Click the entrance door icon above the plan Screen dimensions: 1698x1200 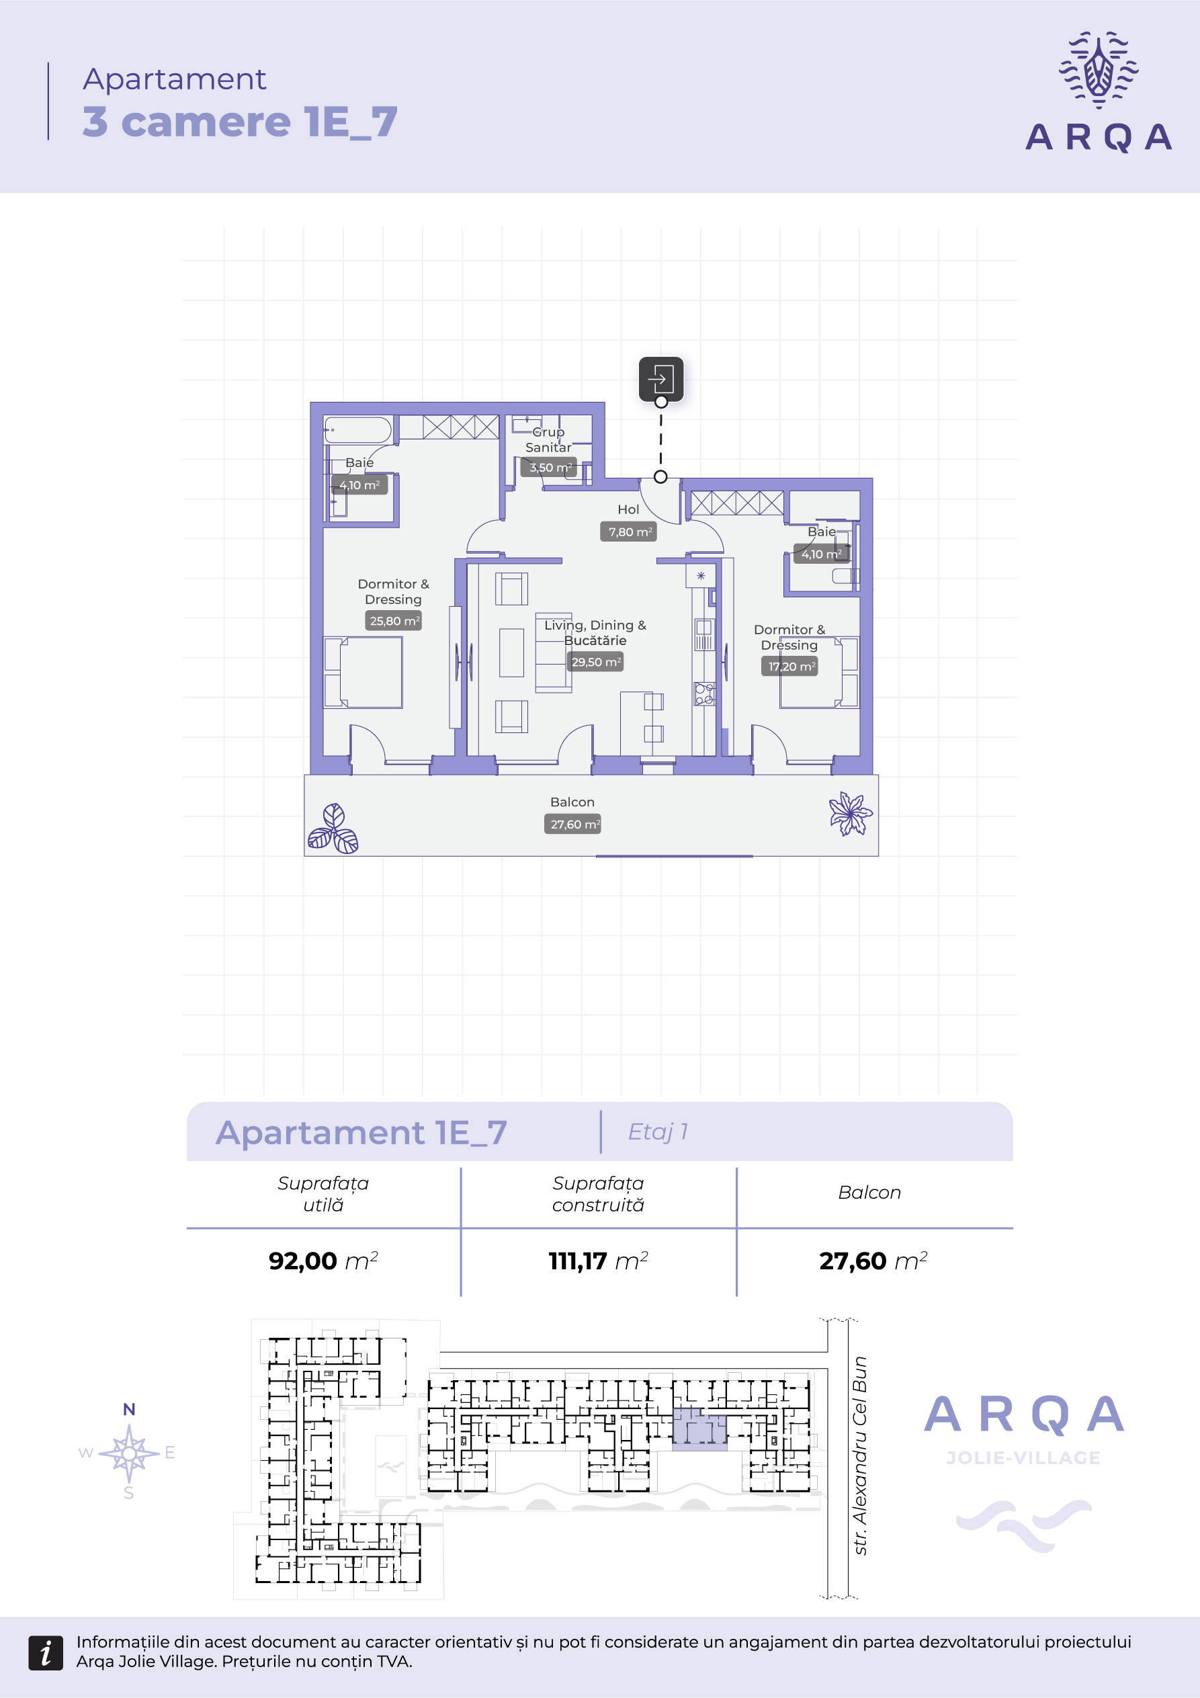660,379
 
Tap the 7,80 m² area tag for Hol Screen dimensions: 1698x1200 628,532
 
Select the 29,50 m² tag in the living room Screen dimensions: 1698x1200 595,662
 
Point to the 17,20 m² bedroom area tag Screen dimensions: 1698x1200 789,667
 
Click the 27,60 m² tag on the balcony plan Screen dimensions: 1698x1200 572,824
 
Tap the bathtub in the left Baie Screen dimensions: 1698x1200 358,429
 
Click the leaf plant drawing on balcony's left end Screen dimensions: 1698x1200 333,830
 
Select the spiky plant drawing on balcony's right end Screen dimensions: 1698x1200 849,814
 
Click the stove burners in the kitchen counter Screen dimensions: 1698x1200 704,693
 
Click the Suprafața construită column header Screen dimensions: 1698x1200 597,1193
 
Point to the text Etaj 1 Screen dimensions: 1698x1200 657,1132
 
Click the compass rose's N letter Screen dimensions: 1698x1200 128,1410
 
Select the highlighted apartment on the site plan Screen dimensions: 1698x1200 698,1429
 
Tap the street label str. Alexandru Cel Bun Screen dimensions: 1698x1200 859,1455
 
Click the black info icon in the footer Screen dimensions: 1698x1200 46,1653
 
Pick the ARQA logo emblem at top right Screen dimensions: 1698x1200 1099,71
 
